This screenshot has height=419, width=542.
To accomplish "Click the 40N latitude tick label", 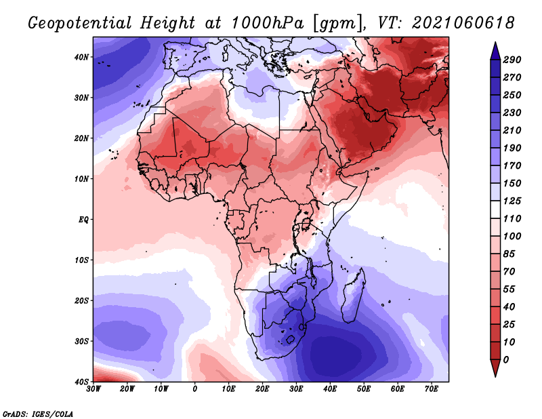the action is (81, 57).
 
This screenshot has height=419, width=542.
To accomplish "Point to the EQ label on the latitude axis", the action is (83, 220).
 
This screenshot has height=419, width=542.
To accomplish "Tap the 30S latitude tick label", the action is (81, 342).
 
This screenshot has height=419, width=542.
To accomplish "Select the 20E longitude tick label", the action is (262, 389).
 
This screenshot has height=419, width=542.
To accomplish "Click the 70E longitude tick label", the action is (431, 389).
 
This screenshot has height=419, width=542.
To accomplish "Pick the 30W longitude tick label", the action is (93, 389).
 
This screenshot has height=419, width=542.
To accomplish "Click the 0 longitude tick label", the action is (195, 389).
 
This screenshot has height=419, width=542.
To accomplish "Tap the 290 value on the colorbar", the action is (512, 60).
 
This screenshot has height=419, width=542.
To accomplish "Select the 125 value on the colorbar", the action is (512, 201).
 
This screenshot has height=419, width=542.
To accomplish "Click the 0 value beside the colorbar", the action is (506, 360).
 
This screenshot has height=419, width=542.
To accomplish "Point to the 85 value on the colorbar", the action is (509, 254).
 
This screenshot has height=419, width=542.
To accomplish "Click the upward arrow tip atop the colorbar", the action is (495, 43).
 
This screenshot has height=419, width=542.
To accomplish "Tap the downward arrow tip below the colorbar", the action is (495, 376).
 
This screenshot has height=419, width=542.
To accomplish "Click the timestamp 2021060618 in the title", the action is (463, 23).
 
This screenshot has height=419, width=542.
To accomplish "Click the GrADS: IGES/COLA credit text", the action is (38, 414).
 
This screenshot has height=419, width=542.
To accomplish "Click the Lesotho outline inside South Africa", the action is (291, 339).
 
